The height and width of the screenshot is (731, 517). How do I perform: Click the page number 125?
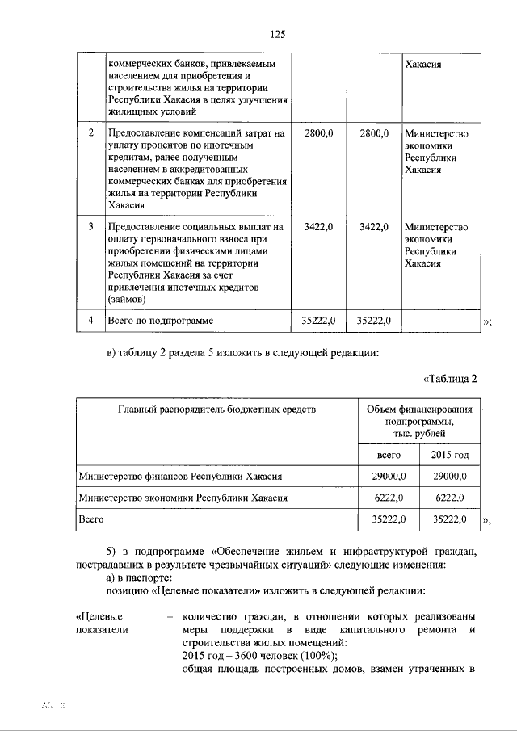pyautogui.click(x=277, y=34)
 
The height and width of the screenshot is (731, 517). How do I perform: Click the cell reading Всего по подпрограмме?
pyautogui.click(x=161, y=321)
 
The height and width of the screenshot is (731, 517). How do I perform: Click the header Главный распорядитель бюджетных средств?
pyautogui.click(x=216, y=410)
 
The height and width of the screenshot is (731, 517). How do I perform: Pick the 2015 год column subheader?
pyautogui.click(x=451, y=456)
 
